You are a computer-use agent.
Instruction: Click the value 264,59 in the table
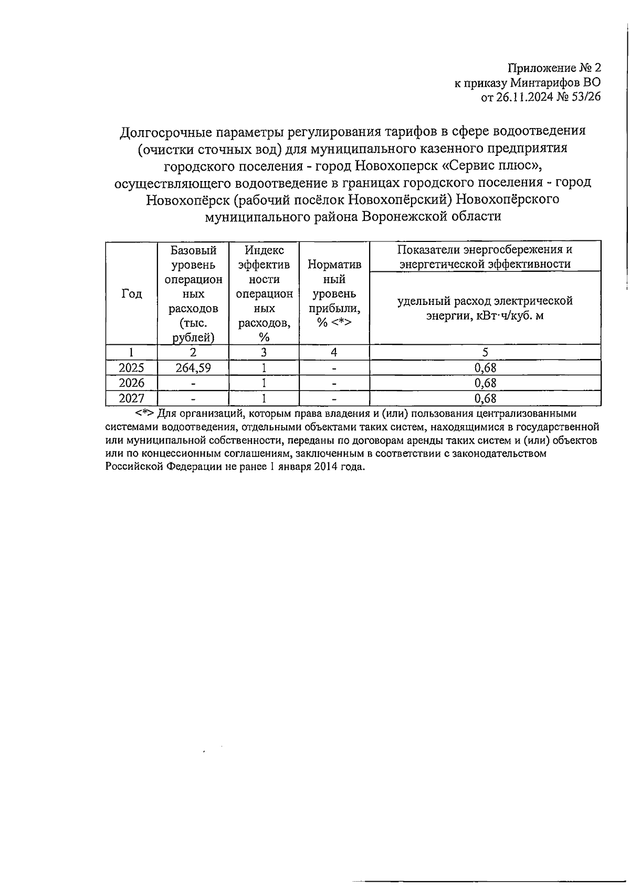[193, 368]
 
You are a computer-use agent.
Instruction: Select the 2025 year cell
[131, 368]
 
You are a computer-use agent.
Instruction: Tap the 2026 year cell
[131, 383]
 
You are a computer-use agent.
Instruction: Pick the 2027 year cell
[131, 398]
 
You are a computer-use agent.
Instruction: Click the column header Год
[132, 294]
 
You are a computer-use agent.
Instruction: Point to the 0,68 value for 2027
[485, 398]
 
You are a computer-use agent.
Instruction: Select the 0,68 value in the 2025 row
[485, 368]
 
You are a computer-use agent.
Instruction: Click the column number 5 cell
[485, 352]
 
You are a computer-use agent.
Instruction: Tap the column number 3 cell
[264, 352]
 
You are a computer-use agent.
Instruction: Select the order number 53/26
[587, 97]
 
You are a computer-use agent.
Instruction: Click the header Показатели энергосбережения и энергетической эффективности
[485, 257]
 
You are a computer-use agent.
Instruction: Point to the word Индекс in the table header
[264, 250]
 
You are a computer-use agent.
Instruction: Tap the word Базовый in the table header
[193, 250]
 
